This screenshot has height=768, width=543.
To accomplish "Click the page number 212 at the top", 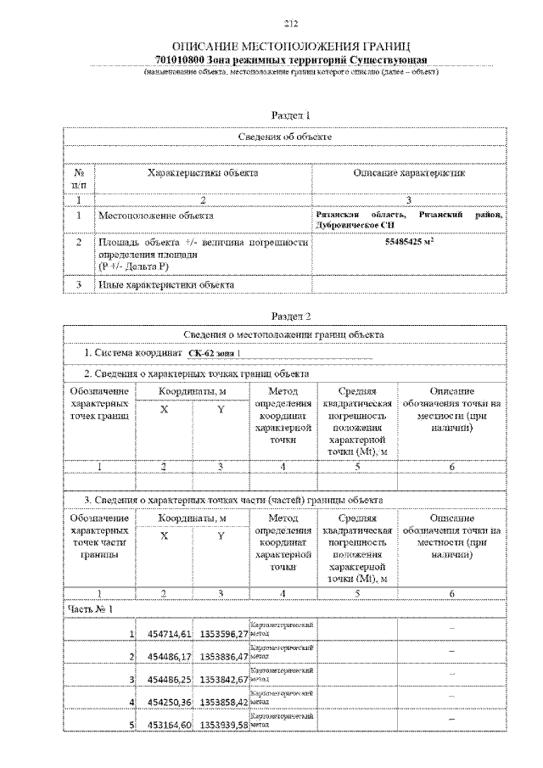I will click(290, 23).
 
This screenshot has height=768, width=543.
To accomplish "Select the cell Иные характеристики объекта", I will click(166, 284).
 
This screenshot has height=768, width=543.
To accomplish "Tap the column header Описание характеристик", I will click(409, 173).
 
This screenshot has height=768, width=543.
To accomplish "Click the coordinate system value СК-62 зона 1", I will click(214, 353).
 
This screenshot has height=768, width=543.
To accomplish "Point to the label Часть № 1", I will click(90, 608).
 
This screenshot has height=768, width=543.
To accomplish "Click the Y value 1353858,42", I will click(223, 702).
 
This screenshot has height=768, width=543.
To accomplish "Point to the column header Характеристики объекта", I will click(203, 173).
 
